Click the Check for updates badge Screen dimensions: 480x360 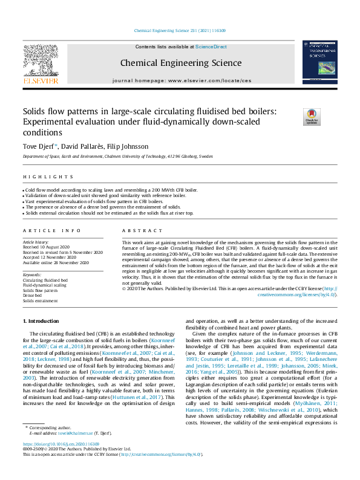(x=312, y=117)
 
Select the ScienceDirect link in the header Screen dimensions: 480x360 (x=211, y=47)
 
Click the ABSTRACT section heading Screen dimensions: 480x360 (x=137, y=231)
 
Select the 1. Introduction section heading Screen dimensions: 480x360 (x=42, y=320)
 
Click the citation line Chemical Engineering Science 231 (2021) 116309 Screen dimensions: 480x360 (x=179, y=30)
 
